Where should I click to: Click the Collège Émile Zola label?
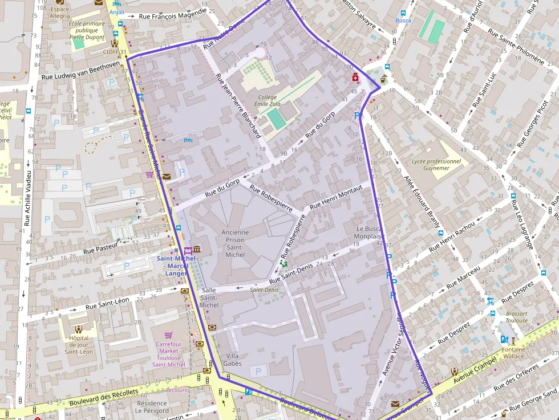tap(267, 101)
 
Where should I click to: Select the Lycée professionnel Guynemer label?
tap(436, 165)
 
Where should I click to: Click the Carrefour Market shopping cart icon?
tap(168, 335)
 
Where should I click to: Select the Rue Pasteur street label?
tap(100, 249)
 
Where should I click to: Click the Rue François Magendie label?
tap(172, 14)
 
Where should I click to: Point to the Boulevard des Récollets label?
tap(103, 397)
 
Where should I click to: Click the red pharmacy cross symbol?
tap(355, 77)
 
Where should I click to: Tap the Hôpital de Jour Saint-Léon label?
tap(79, 344)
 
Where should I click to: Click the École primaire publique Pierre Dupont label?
tap(87, 30)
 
